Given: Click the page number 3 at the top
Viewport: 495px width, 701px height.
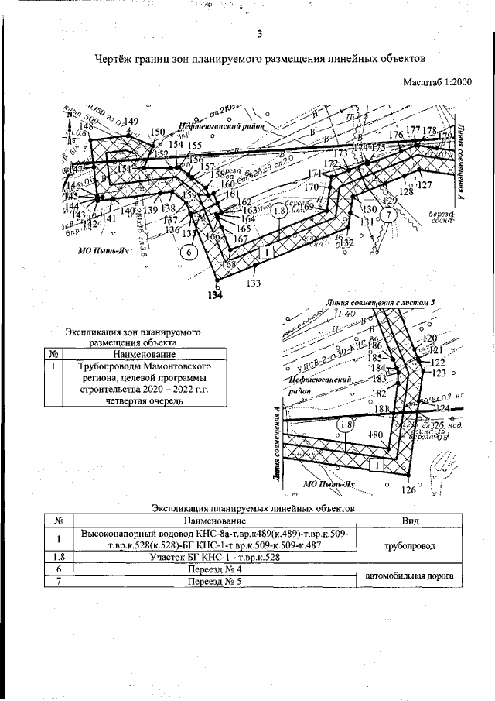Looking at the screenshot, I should pos(259,34).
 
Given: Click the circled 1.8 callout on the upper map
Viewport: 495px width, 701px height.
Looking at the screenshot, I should pos(280,210).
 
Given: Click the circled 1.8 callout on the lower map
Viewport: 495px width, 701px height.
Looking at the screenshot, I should pos(346,424).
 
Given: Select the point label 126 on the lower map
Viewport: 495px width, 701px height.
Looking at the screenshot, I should pos(408,490).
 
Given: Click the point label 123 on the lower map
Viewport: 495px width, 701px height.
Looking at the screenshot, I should pos(439,373).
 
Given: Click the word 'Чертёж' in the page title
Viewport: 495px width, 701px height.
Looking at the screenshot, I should pos(116,59).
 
